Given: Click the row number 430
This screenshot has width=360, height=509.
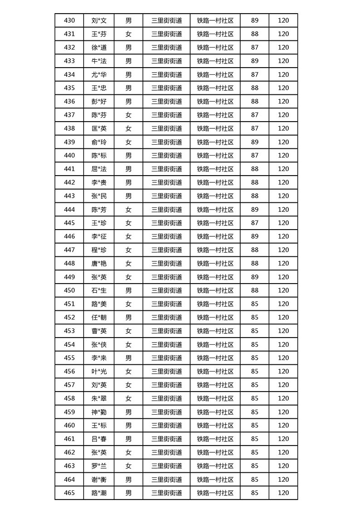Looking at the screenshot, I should pyautogui.click(x=69, y=20).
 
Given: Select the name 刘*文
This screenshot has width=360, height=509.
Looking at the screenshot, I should pyautogui.click(x=99, y=20).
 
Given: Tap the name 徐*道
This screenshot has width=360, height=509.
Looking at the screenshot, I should pyautogui.click(x=99, y=47).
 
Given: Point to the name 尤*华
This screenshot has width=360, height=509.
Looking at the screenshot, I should pyautogui.click(x=99, y=74).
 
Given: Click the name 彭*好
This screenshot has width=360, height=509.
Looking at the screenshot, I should pyautogui.click(x=99, y=101).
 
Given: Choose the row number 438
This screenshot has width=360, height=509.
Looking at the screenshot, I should pyautogui.click(x=69, y=128).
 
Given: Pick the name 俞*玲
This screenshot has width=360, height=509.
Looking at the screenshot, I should pyautogui.click(x=99, y=142).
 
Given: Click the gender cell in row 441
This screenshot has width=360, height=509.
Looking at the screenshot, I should pyautogui.click(x=128, y=169).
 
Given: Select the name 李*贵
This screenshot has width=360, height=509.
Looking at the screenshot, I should pyautogui.click(x=99, y=182).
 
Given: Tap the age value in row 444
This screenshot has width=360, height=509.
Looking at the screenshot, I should pyautogui.click(x=255, y=210).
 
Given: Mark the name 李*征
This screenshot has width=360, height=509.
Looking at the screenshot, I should pyautogui.click(x=99, y=236).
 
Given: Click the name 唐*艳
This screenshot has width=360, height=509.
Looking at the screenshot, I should pyautogui.click(x=99, y=263).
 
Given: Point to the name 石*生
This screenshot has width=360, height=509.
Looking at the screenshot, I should pyautogui.click(x=99, y=290).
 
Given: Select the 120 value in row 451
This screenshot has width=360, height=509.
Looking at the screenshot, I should pyautogui.click(x=283, y=304).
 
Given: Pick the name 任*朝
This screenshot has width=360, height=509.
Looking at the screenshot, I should pyautogui.click(x=99, y=317).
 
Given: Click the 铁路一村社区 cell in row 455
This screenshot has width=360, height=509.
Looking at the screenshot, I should pyautogui.click(x=215, y=358).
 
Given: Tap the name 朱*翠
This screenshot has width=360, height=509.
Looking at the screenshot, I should pyautogui.click(x=99, y=398).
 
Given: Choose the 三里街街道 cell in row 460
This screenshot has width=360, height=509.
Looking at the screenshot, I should pyautogui.click(x=167, y=425).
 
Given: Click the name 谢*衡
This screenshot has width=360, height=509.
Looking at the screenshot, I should pyautogui.click(x=99, y=480).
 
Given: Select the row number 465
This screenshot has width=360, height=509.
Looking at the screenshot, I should pyautogui.click(x=69, y=493).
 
